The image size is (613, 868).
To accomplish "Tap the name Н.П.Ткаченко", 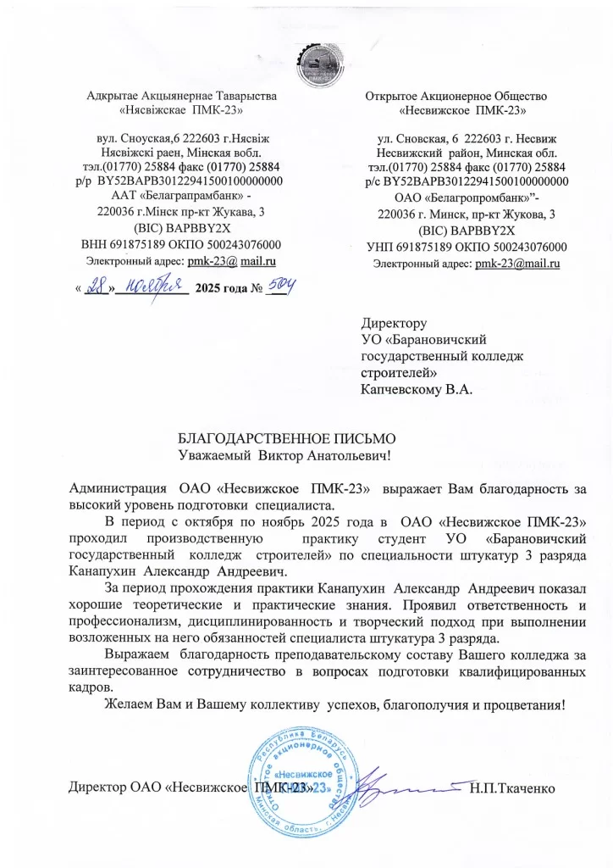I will click(x=512, y=789).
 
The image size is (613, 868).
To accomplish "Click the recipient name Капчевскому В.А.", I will click(x=416, y=391).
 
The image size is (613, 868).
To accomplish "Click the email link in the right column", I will click(x=519, y=264).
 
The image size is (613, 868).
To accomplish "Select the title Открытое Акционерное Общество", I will click(x=456, y=96).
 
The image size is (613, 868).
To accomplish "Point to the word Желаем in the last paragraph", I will click(x=126, y=704).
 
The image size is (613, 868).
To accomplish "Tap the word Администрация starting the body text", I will click(x=118, y=488).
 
